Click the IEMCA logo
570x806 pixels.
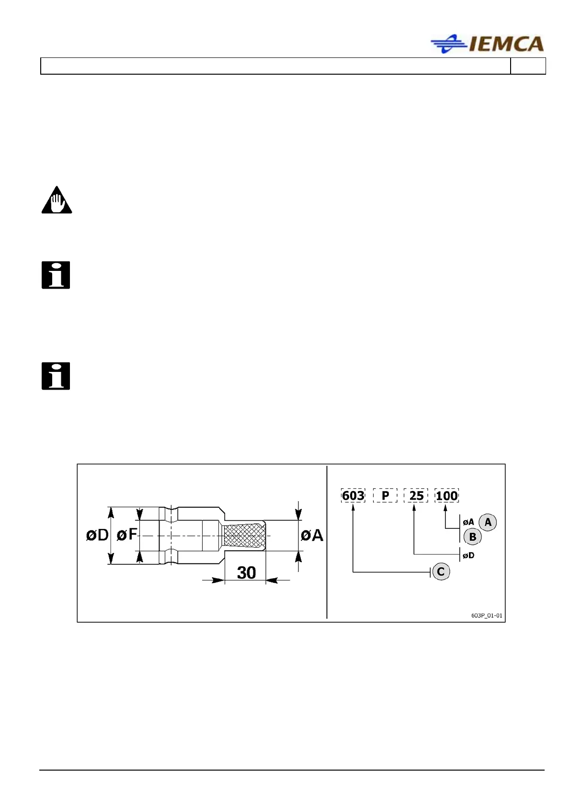click(x=487, y=44)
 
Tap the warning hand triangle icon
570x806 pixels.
click(x=57, y=201)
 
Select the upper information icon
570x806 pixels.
click(x=56, y=275)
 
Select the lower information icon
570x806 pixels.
click(x=56, y=376)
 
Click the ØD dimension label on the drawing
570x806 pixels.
click(x=97, y=535)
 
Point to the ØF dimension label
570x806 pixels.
click(x=127, y=535)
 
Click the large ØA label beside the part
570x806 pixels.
click(x=312, y=535)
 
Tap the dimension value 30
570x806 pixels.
click(x=247, y=572)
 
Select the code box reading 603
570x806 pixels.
click(x=353, y=495)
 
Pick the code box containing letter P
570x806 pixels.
click(x=385, y=495)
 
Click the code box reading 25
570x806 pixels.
click(x=416, y=495)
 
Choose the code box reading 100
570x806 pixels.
click(x=446, y=495)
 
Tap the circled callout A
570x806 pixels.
click(x=488, y=522)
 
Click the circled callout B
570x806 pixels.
click(x=472, y=537)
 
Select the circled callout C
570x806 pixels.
click(x=441, y=571)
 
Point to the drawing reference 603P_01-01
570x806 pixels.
click(x=487, y=616)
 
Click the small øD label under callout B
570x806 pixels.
click(x=468, y=556)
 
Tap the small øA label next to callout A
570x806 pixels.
click(x=468, y=522)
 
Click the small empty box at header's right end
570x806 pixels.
click(x=528, y=66)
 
